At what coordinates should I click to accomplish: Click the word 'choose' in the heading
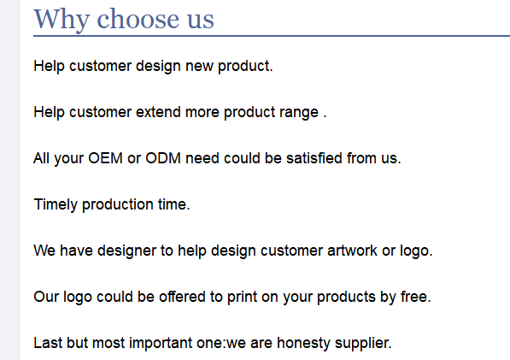[x=138, y=19]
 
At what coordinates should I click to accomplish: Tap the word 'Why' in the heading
[x=62, y=21]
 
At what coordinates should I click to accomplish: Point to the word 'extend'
[x=158, y=112]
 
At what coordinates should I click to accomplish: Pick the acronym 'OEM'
[x=105, y=158]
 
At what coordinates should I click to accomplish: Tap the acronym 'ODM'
[x=163, y=158]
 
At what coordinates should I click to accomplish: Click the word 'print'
[x=242, y=298]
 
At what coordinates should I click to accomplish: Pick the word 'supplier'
[x=362, y=344]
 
